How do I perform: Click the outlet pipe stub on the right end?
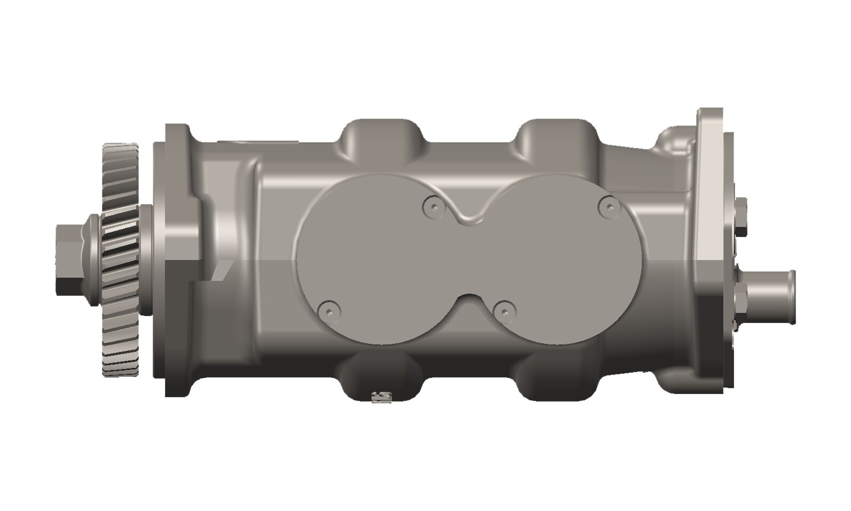tap(769, 297)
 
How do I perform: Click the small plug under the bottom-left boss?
tap(381, 397)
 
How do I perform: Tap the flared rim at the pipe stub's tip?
tap(792, 297)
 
